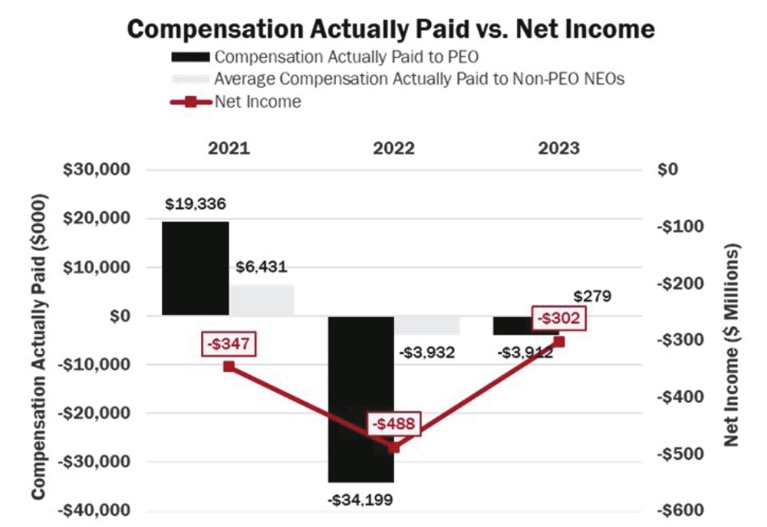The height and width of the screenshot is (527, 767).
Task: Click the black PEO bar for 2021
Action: [195, 268]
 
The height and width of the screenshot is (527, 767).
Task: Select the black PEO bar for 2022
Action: [360, 398]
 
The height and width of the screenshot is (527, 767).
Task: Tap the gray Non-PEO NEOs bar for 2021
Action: [262, 300]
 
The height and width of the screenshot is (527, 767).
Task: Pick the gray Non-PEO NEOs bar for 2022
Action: [427, 325]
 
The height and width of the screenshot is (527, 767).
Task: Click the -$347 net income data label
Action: [229, 342]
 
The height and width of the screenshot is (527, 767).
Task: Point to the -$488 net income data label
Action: [394, 424]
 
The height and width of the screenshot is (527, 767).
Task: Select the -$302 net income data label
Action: [559, 318]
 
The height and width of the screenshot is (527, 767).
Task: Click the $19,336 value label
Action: [196, 205]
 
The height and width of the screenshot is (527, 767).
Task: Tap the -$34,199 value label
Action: [360, 500]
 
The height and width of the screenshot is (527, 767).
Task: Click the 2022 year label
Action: [393, 148]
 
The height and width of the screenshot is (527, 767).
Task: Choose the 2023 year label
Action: [558, 148]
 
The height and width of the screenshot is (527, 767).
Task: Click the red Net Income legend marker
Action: [190, 102]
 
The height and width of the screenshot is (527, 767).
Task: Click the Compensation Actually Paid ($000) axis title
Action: [38, 345]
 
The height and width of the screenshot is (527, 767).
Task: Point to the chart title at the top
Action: [391, 29]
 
